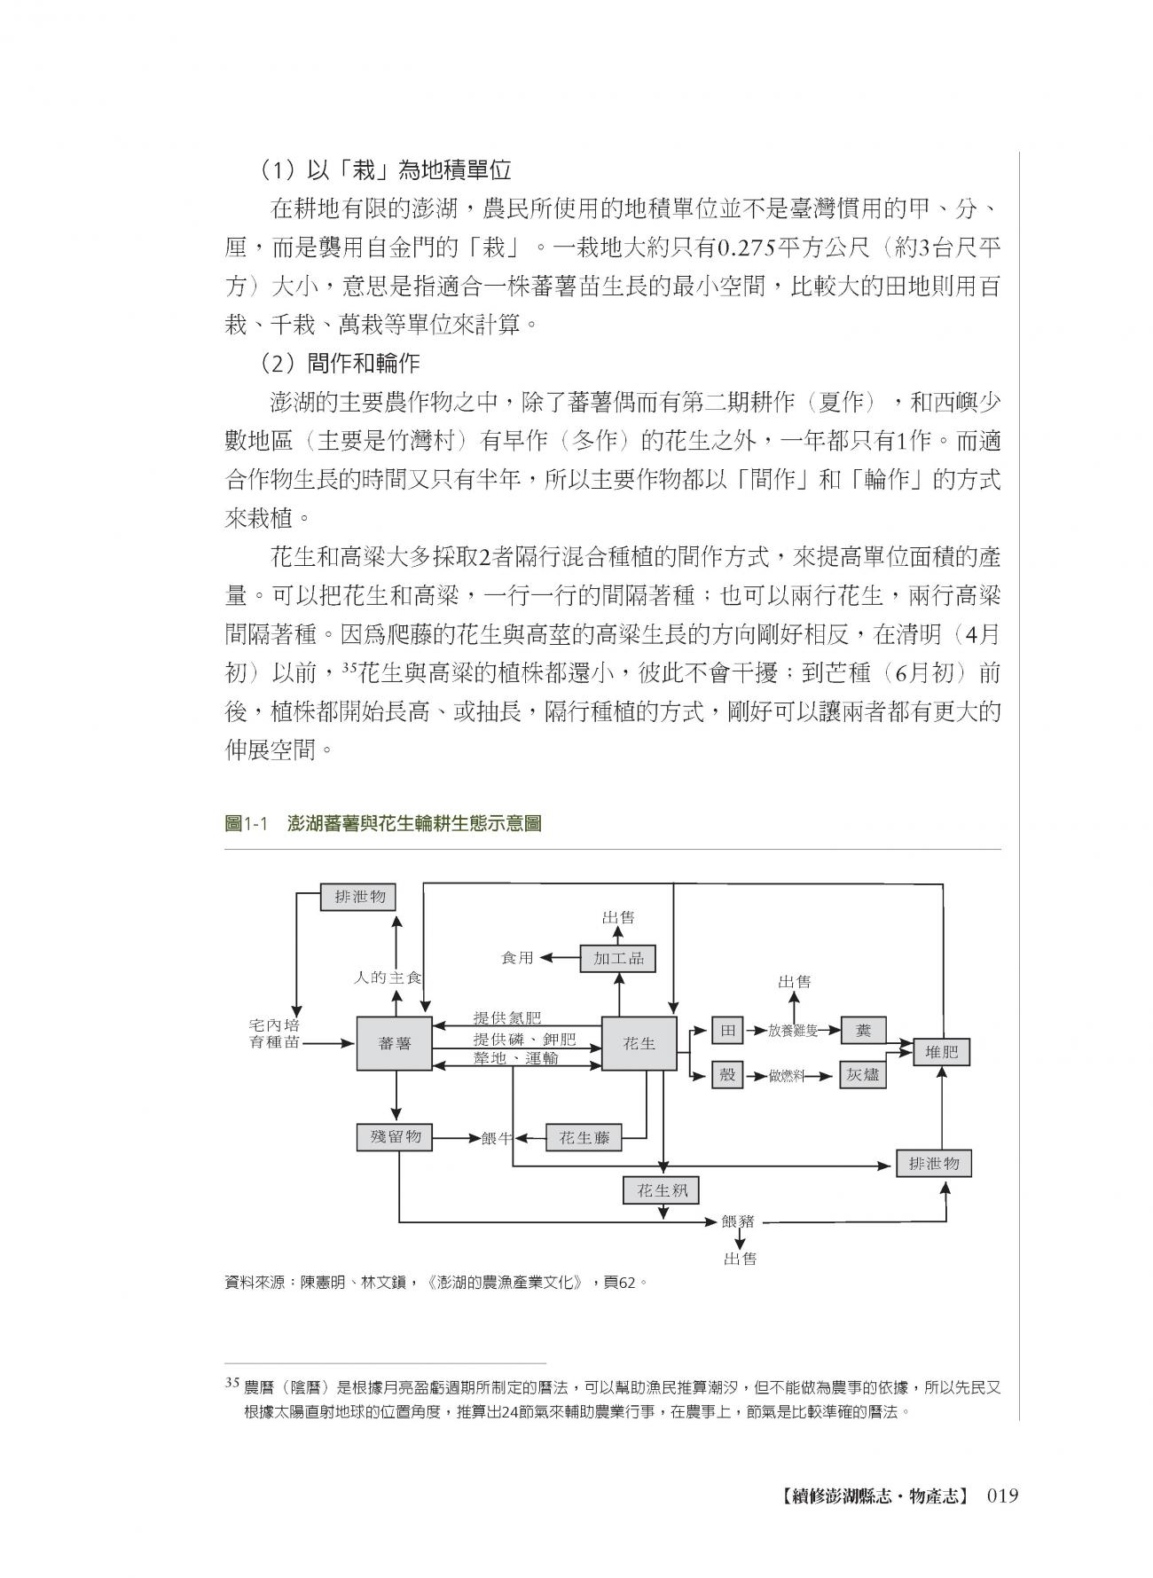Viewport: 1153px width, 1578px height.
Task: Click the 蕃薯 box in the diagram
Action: click(395, 1044)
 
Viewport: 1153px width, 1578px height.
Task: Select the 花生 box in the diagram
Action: click(639, 1044)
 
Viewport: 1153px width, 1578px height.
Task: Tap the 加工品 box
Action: click(618, 958)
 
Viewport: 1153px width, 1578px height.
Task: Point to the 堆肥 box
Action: click(941, 1053)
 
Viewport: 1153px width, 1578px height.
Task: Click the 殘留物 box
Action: click(395, 1136)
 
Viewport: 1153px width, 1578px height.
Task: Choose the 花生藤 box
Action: click(584, 1138)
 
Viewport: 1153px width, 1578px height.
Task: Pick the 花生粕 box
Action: click(662, 1191)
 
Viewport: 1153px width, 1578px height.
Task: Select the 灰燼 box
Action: click(862, 1074)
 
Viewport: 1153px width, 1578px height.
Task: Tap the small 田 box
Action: click(727, 1031)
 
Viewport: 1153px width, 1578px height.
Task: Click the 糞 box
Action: click(862, 1031)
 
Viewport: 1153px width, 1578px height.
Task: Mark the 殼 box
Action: click(727, 1074)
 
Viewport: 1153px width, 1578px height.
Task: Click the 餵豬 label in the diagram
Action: click(738, 1221)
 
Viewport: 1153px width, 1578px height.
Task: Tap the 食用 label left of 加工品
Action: click(518, 958)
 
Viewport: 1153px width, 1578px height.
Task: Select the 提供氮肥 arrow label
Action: click(506, 1017)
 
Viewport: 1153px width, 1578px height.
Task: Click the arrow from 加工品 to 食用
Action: click(561, 958)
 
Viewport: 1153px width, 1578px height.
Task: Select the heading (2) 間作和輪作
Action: click(341, 363)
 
